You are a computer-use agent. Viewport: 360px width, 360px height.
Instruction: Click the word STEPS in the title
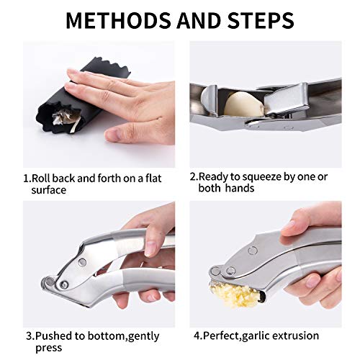[x=260, y=20]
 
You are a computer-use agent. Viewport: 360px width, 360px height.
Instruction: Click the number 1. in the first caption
[x=25, y=176]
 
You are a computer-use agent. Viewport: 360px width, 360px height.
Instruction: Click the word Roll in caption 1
[x=42, y=176]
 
